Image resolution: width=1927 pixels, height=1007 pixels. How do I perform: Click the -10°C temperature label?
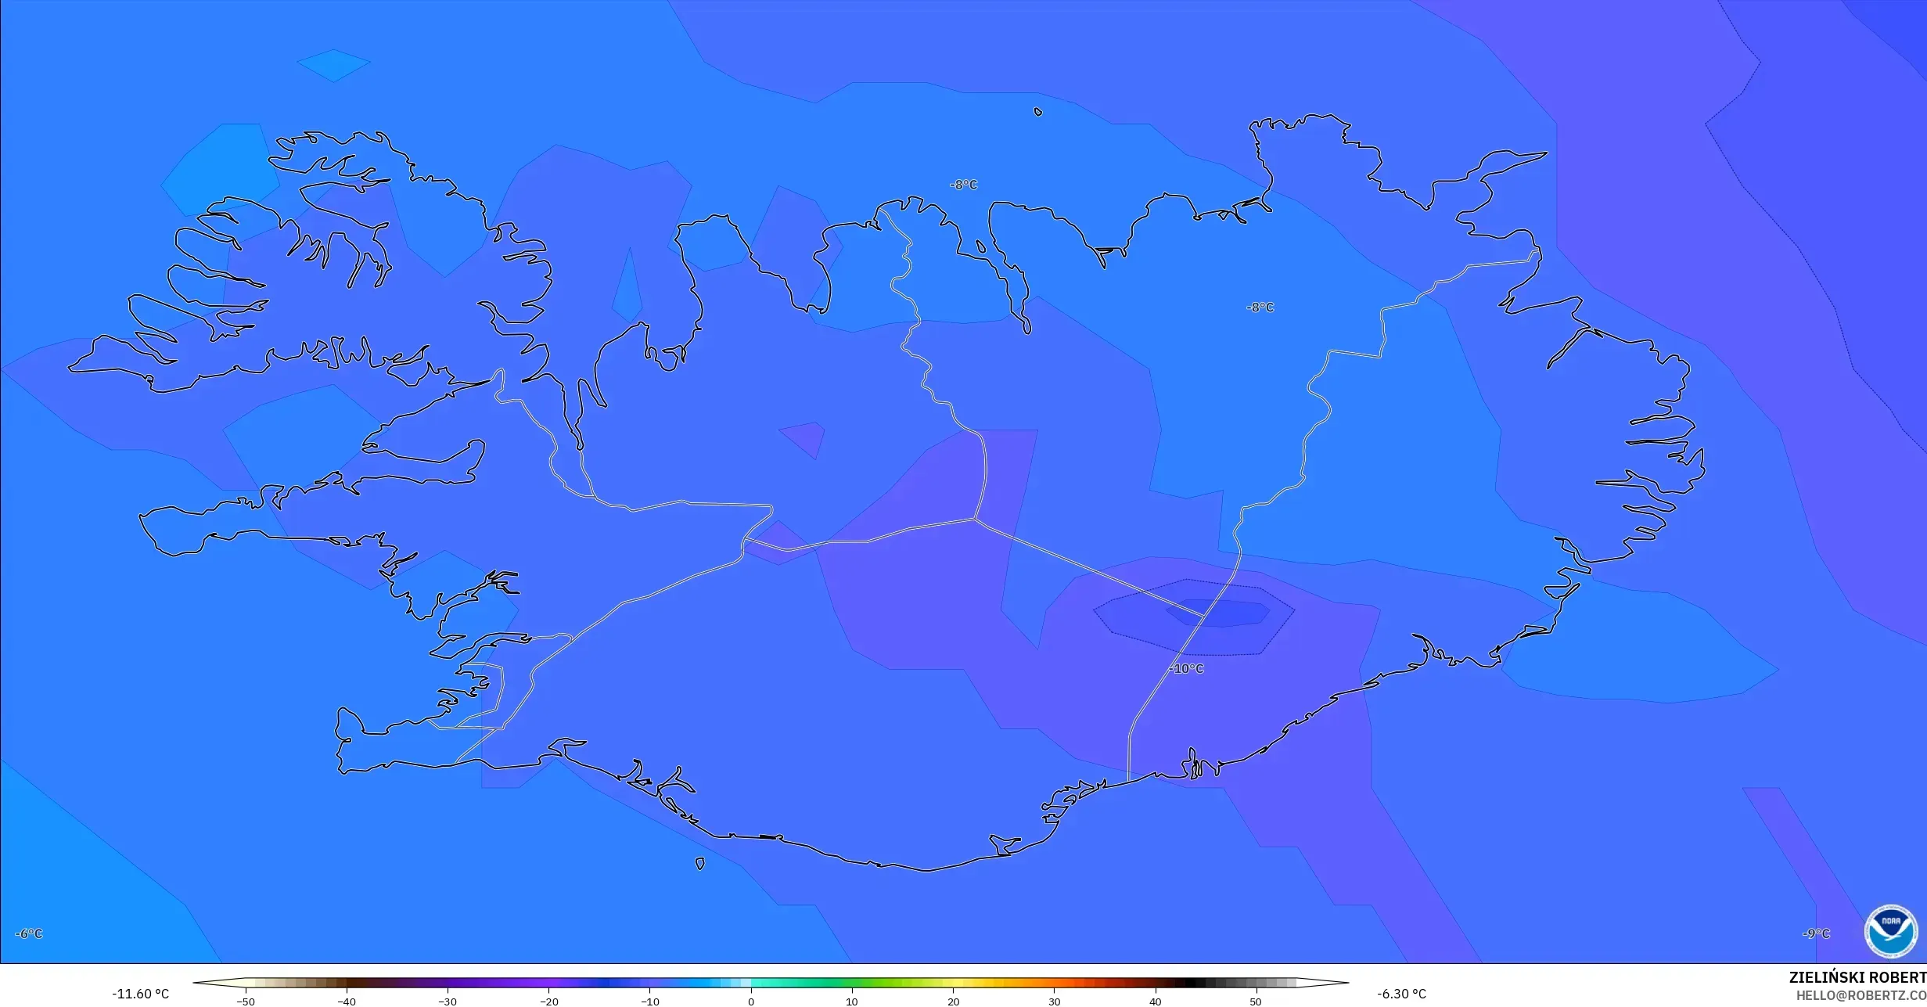pos(1187,669)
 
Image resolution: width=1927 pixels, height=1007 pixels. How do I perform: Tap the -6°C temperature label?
pos(29,933)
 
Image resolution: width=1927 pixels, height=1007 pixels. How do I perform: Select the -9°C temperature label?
pos(1816,933)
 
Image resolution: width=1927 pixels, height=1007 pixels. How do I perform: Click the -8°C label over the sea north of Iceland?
pos(964,185)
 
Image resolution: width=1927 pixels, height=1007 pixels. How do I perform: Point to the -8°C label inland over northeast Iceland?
pos(1260,307)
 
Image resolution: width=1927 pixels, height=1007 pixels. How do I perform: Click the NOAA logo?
pos(1890,931)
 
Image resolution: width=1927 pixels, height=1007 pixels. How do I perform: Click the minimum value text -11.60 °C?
pos(140,994)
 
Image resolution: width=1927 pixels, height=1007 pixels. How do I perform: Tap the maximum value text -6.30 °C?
pos(1401,994)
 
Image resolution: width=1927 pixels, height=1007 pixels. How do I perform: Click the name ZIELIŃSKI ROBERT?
pos(1857,977)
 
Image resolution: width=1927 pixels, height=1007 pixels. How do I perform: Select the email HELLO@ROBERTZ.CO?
pos(1860,995)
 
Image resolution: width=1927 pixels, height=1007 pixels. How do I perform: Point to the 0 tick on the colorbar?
pos(751,1001)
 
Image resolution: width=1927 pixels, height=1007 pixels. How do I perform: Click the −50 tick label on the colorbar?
pos(246,1001)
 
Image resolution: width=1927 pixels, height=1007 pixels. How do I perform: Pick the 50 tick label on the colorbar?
pos(1256,1001)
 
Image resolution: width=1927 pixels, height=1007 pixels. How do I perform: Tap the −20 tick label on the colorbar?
pos(549,1001)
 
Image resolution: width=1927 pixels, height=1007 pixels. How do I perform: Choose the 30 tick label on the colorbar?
pos(1054,1001)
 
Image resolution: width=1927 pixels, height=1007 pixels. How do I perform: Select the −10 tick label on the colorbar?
pos(650,1001)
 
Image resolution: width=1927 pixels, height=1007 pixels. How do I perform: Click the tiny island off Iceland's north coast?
pos(1038,112)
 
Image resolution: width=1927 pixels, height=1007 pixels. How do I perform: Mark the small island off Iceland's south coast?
pos(699,864)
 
